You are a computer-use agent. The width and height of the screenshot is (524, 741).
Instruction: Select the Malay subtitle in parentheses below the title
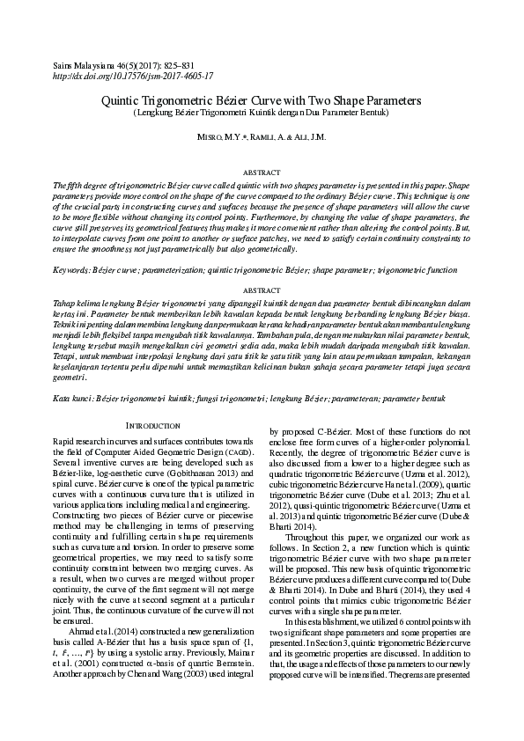coord(261,114)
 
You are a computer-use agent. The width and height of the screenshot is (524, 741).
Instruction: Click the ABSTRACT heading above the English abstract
coord(261,173)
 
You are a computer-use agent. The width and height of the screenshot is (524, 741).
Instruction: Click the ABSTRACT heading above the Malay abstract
coord(261,290)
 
